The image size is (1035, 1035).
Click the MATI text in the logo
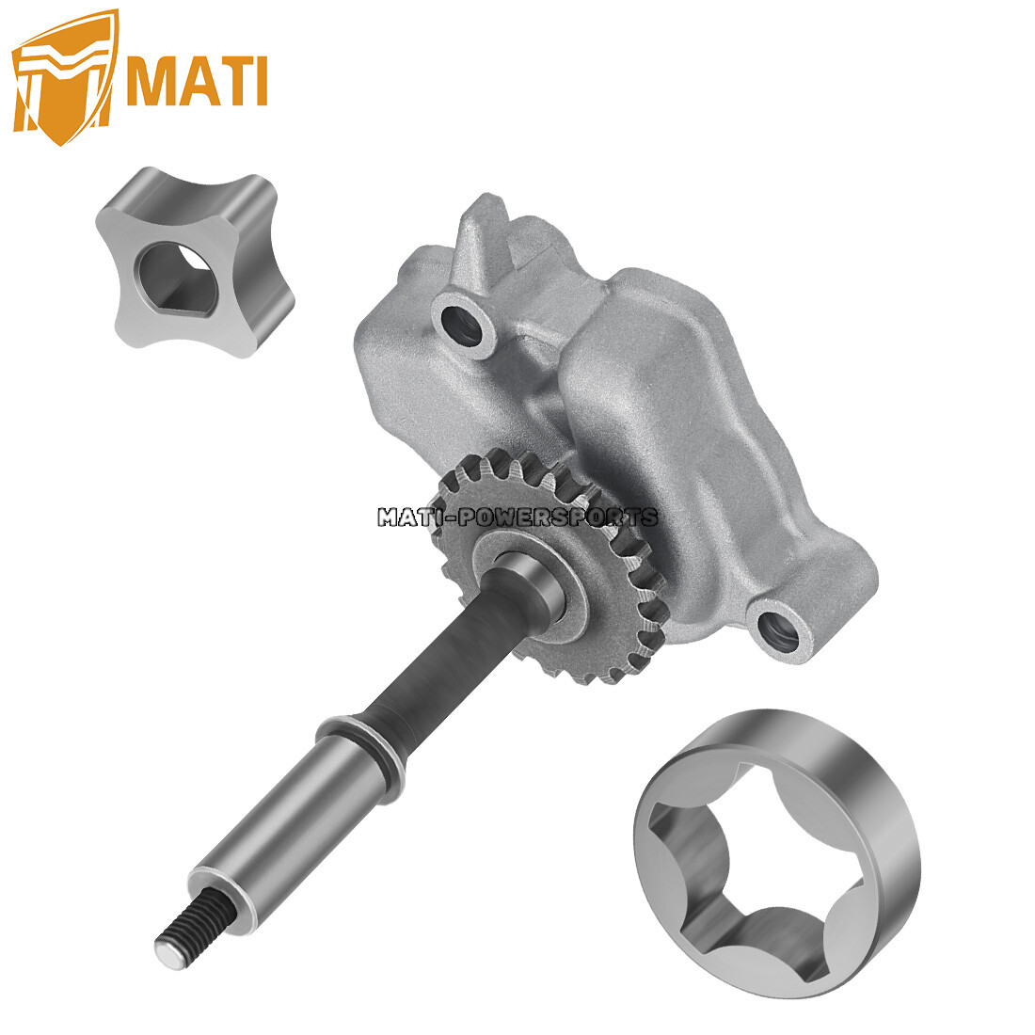[x=196, y=80]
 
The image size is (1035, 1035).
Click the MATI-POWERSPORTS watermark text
[x=517, y=517]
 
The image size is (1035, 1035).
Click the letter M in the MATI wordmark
[x=153, y=80]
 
